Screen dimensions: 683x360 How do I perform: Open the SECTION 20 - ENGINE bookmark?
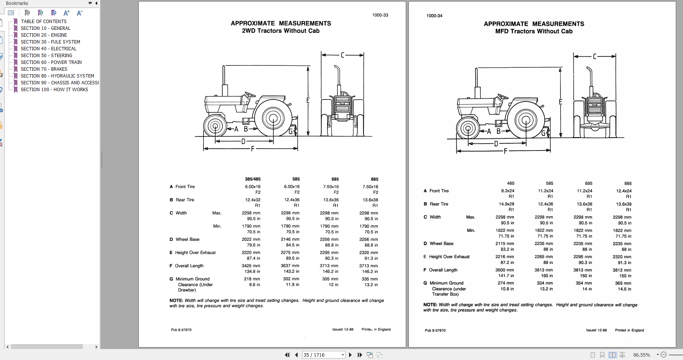coord(43,35)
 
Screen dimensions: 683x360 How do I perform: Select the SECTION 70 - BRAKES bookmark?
coord(44,69)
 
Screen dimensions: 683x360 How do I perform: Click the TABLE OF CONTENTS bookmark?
coord(43,22)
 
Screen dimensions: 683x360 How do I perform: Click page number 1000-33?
coord(380,15)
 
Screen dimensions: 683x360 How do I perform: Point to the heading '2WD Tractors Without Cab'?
coord(281,31)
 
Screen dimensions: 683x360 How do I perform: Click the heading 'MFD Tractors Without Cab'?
coord(534,31)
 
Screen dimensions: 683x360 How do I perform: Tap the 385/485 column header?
coord(253,179)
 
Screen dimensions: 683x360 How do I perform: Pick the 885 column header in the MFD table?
coord(628,183)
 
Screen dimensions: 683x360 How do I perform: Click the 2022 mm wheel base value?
coord(251,239)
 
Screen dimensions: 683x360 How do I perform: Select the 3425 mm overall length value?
coord(251,266)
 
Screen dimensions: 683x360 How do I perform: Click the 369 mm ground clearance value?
coord(622,283)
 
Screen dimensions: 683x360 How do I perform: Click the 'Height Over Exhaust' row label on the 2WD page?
coord(195,253)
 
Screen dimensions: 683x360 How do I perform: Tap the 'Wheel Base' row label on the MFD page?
coord(441,244)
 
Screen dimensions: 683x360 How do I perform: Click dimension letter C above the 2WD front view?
coord(343,55)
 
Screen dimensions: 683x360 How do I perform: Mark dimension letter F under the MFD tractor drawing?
coord(505,151)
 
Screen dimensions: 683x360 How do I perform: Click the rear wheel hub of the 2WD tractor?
coord(273,118)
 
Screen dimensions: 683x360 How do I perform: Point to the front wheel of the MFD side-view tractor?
coord(468,128)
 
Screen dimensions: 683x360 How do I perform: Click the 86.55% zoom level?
coord(641,355)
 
